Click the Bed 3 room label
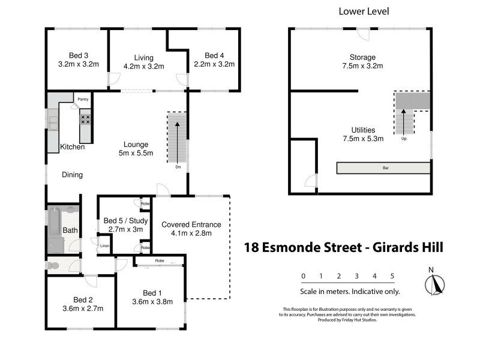78,55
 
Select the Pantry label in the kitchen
83,99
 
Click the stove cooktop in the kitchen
85,119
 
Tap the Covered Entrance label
191,225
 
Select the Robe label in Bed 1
159,262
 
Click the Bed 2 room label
83,300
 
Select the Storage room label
362,58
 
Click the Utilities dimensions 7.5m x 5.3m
363,138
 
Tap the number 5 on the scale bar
392,276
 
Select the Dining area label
71,175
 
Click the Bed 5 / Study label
125,220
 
